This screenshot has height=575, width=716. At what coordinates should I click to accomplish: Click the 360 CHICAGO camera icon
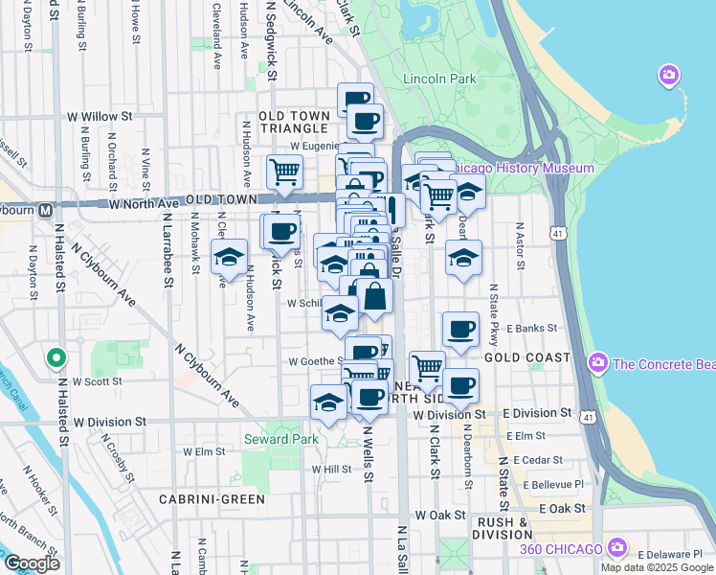(617, 548)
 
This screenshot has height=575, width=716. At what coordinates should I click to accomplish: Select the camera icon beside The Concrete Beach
(599, 362)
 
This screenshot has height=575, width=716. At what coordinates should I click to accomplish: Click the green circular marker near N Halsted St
(56, 359)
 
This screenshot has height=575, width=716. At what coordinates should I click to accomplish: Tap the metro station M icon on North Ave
(45, 210)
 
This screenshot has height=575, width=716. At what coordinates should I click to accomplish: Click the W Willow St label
(99, 116)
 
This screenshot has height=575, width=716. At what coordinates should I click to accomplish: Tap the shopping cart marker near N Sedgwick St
(284, 172)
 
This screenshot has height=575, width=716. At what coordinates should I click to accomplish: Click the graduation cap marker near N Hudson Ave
(229, 257)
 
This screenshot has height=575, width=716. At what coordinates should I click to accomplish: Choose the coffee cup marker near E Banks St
(460, 330)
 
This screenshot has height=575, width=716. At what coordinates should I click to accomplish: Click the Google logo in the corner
(32, 563)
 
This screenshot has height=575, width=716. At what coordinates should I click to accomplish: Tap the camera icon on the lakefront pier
(668, 75)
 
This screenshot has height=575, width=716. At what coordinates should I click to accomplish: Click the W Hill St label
(332, 470)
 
